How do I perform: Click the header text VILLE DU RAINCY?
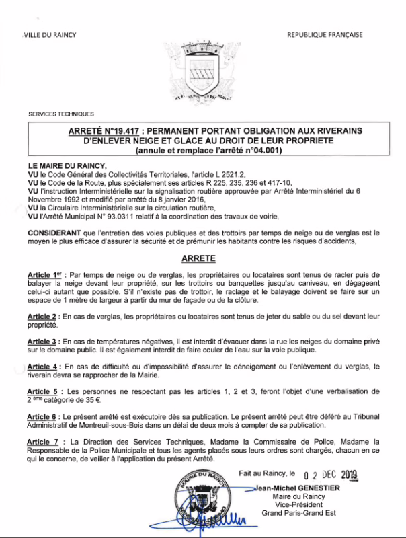[x=50, y=35]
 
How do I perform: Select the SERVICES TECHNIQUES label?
[x=61, y=114]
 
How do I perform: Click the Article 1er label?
[x=46, y=276]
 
